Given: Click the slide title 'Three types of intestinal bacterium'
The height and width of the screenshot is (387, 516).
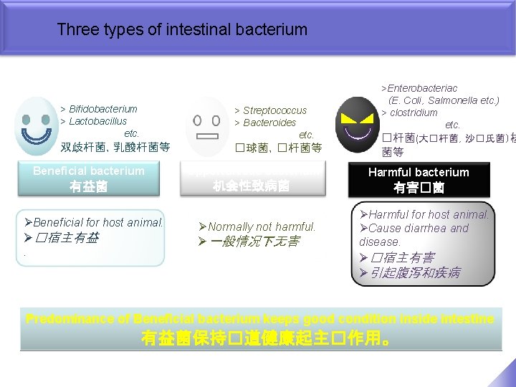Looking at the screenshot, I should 181,30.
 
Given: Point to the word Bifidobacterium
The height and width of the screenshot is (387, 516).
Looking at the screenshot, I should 102,109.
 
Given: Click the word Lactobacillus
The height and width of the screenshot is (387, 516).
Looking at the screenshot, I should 97,121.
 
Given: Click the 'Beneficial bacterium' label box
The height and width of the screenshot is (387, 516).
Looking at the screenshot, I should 89,178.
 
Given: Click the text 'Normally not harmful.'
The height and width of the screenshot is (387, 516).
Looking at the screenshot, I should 262,226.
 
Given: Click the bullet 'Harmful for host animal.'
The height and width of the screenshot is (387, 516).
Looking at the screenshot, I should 429,214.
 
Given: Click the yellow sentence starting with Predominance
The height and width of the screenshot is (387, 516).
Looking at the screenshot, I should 259,319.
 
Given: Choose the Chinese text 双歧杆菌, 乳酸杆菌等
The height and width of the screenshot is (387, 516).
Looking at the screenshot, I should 115,147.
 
